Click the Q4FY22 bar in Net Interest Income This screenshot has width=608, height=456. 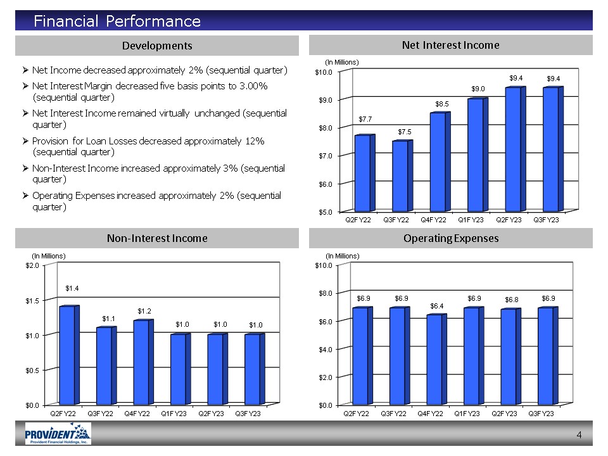438,162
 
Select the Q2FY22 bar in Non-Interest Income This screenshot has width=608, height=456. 66,355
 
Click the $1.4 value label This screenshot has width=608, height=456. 72,288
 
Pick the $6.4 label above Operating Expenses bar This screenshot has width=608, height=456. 437,306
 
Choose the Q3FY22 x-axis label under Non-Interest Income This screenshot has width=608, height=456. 100,414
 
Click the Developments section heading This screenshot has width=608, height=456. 157,46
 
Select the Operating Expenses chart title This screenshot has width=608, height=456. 450,238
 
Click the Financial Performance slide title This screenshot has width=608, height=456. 117,22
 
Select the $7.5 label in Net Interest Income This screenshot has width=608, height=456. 404,131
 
